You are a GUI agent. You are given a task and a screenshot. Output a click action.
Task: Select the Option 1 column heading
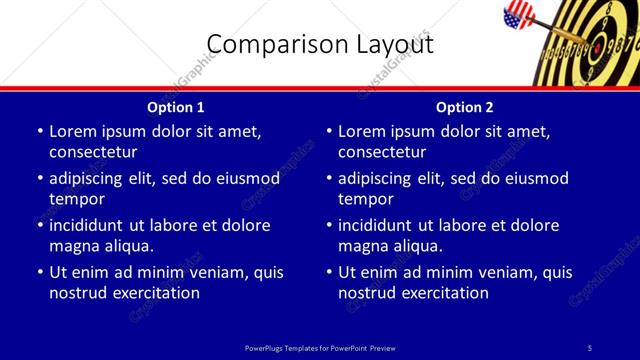(x=176, y=107)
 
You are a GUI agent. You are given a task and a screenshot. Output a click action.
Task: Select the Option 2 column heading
(x=465, y=107)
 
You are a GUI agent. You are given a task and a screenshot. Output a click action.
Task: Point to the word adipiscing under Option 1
(x=91, y=178)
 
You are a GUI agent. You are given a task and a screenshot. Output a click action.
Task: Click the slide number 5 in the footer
(x=590, y=347)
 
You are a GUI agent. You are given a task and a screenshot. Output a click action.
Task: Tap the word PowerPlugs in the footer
(x=266, y=347)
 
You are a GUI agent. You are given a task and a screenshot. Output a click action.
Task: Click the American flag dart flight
(x=518, y=14)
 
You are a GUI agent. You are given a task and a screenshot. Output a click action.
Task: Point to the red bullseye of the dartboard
(x=596, y=44)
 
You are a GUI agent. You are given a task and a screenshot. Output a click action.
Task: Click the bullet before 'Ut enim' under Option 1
(x=39, y=272)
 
